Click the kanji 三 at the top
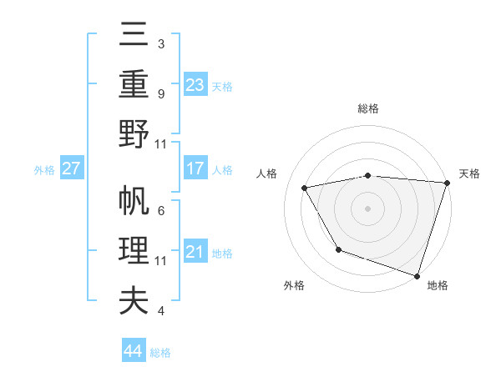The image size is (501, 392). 134,36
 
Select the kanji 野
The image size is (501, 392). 134,133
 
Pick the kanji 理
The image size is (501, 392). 134,251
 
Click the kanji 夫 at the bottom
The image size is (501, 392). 134,300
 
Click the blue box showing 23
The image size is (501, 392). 195,85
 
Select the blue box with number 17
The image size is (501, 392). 195,168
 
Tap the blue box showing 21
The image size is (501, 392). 195,252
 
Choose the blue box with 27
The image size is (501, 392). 72,168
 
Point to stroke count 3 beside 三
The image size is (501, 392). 160,43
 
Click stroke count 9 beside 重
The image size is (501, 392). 160,93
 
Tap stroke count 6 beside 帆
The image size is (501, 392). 160,210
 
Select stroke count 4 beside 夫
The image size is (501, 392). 160,311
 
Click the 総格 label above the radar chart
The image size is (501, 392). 368,108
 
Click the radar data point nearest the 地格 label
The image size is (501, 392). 416,275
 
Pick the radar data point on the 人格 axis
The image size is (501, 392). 305,188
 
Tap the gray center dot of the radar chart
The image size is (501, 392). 368,209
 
